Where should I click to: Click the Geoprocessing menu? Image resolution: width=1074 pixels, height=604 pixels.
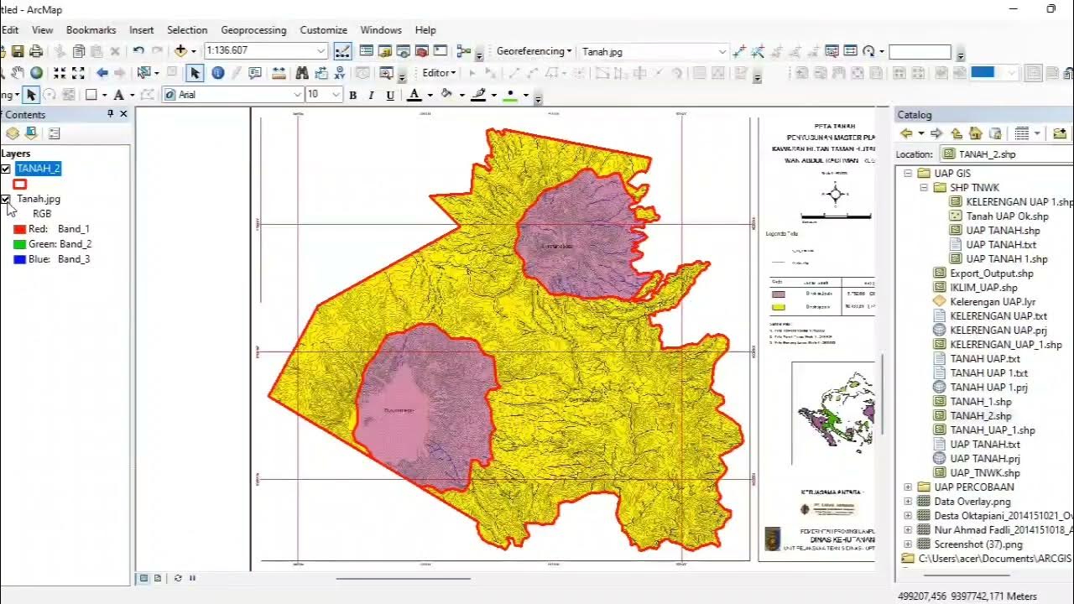pos(253,30)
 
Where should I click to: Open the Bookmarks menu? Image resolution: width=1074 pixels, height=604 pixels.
pos(91,30)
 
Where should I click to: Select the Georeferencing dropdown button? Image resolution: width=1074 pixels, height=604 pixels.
pos(534,51)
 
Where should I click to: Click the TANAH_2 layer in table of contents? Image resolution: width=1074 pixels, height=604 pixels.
pos(39,169)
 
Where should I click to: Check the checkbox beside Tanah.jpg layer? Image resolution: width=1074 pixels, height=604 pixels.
pos(6,200)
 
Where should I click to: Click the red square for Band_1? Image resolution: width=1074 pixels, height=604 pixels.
pos(20,229)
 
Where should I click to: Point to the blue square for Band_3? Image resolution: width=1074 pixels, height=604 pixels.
pos(20,259)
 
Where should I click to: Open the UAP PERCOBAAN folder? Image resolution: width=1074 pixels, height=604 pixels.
pos(973,487)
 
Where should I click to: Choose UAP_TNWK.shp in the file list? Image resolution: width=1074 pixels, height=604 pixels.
pos(984,473)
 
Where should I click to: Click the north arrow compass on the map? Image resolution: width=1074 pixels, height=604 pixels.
pos(835,195)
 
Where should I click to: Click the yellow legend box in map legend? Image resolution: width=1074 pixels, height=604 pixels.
pos(778,307)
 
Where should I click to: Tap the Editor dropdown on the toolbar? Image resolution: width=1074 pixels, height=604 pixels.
pos(438,73)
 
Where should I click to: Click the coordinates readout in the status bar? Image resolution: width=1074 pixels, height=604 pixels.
pos(967,596)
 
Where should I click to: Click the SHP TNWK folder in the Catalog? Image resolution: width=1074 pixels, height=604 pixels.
pos(973,188)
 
